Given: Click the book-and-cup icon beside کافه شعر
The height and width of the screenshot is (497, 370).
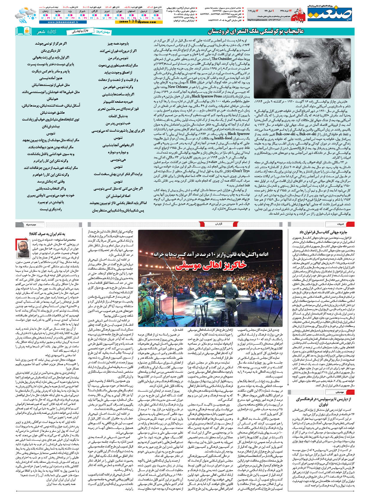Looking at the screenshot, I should point(24,31).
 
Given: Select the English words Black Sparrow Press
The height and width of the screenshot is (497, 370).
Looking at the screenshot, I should point(206,96).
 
